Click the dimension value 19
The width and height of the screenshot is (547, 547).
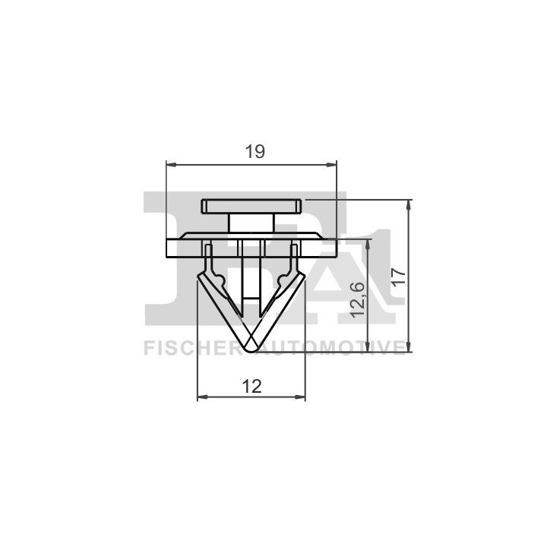tap(255, 152)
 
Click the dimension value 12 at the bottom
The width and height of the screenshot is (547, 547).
tap(252, 387)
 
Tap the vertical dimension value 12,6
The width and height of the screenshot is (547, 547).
tap(358, 299)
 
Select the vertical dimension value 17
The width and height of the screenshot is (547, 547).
tap(399, 277)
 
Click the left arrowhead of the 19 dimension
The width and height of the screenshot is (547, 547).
tap(172, 164)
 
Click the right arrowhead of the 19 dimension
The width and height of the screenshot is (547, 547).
tap(331, 164)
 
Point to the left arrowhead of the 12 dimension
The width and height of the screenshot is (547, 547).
tap(203, 397)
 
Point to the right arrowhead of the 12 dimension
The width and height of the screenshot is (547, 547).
tap(300, 397)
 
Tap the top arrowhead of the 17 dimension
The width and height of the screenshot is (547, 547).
tap(409, 205)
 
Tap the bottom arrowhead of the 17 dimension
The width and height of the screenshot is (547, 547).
tap(409, 346)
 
